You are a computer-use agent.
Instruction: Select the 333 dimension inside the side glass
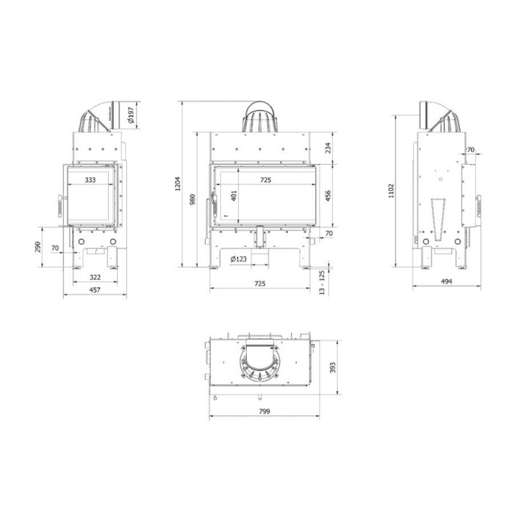point(90,179)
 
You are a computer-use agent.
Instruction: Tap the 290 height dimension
point(37,246)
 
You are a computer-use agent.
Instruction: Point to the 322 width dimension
point(94,277)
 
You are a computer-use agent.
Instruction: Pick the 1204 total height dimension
point(177,187)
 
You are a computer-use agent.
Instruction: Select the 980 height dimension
point(192,200)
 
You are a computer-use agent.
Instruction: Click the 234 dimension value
point(328,148)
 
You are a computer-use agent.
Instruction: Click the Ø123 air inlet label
point(237,259)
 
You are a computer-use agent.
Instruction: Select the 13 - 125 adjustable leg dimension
point(322,282)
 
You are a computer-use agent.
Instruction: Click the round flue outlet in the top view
point(260,365)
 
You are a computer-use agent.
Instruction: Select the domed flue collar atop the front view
point(261,118)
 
